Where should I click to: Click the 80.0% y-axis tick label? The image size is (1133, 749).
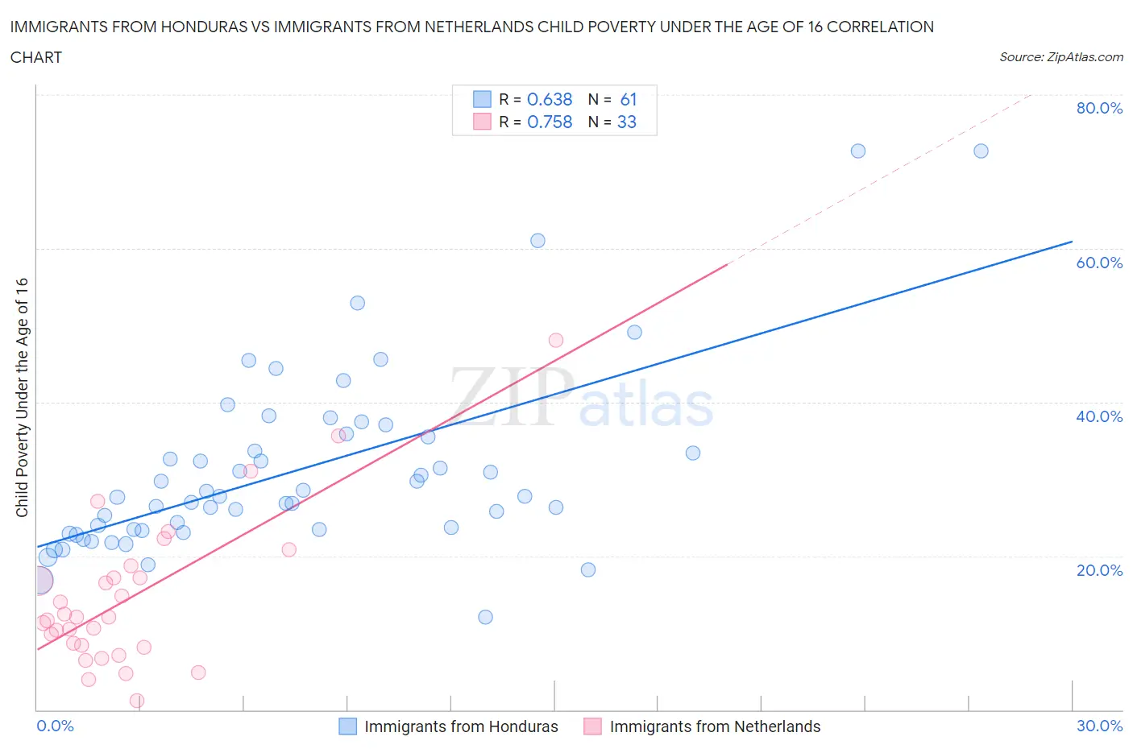coord(1099,108)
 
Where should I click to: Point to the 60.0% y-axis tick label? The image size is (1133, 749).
coord(1099,263)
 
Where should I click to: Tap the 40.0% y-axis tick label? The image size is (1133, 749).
coord(1099,416)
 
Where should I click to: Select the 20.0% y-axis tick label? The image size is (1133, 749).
coord(1099,570)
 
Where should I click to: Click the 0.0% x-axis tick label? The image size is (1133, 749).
coord(55,726)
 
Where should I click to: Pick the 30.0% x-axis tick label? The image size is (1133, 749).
coord(1099,726)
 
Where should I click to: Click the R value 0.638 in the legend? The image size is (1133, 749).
coord(550,99)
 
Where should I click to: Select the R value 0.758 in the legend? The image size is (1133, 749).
coord(550,122)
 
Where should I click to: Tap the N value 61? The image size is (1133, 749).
coord(629,99)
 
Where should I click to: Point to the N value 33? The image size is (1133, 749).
coord(627,122)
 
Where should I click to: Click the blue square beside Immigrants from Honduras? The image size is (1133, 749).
coord(347,726)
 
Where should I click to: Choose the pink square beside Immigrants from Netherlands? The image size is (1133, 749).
coord(592,726)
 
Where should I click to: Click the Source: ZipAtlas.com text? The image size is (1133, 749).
coord(1060,56)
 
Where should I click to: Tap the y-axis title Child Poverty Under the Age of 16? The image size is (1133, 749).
coord(22,397)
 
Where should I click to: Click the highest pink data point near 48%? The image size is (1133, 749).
coord(556,340)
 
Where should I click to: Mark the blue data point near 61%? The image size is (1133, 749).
coord(537,241)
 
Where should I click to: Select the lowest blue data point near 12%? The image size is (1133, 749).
coord(485,617)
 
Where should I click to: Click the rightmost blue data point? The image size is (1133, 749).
coord(981,151)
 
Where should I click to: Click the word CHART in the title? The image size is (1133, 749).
coord(36,57)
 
